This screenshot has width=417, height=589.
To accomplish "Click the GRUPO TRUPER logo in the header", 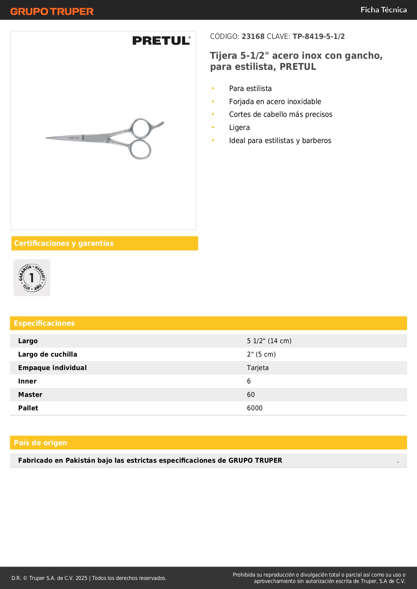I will tap(52, 11).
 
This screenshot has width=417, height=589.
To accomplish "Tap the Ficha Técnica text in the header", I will tap(383, 10).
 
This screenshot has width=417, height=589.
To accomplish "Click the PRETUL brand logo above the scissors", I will tap(161, 41).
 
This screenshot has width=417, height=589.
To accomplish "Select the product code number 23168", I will tap(253, 37).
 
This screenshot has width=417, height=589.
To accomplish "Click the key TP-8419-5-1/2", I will tap(319, 37).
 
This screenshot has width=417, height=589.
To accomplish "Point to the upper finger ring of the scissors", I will tap(141, 128).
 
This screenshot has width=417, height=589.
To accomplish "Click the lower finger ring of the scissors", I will tap(140, 149).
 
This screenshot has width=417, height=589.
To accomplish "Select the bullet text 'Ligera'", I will tap(239, 128).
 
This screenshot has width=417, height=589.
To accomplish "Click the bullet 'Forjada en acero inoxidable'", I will tap(275, 102).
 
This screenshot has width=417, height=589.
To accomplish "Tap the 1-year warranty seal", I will tap(32, 278).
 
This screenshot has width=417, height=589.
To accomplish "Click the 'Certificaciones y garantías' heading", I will tap(64, 243).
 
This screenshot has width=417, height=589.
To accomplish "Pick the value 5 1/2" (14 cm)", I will tap(269, 341).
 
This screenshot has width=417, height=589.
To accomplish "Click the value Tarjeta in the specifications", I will tap(258, 368).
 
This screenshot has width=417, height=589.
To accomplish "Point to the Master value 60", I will tap(251, 395).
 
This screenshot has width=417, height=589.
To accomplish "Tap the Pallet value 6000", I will tap(255, 408).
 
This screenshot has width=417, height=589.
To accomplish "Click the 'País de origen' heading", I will tap(40, 443).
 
